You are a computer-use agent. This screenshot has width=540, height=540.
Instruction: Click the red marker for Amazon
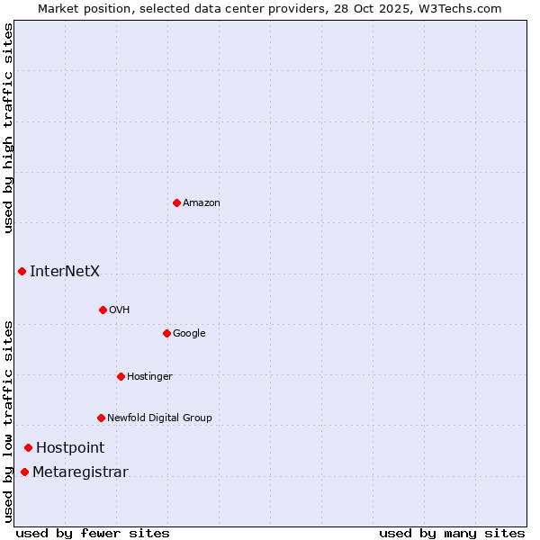[176, 202]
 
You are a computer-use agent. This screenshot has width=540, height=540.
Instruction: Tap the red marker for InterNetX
[22, 271]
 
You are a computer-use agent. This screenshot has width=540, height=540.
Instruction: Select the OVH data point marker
[103, 310]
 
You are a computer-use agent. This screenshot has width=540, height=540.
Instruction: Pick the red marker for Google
[166, 333]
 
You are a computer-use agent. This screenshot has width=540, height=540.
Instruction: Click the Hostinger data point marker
[121, 376]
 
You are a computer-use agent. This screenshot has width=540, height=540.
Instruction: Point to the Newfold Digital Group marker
[101, 418]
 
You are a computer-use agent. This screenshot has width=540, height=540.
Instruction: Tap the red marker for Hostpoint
[28, 447]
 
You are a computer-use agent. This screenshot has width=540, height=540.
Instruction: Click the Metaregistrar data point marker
[24, 472]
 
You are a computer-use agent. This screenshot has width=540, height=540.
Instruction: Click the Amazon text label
[202, 203]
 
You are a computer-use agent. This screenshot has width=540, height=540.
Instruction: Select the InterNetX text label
[65, 272]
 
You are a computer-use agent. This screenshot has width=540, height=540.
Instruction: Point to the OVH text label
[120, 310]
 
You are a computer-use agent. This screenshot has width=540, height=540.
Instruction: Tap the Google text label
[189, 334]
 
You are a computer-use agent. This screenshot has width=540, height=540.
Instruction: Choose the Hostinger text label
[149, 377]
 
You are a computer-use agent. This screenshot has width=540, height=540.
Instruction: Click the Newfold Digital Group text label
[159, 418]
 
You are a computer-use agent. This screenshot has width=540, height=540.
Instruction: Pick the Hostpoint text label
[70, 448]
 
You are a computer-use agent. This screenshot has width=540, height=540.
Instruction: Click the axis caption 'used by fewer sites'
[93, 533]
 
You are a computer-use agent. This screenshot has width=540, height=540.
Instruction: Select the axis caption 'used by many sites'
[452, 533]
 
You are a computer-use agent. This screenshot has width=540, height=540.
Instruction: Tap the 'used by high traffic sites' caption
[8, 128]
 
